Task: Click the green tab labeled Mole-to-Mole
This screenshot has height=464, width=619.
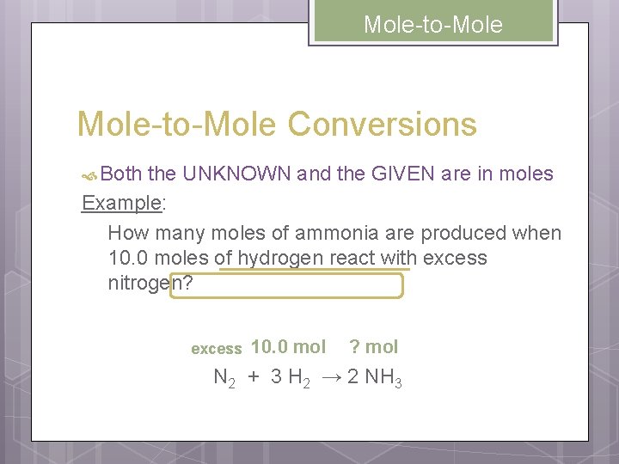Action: tap(432, 24)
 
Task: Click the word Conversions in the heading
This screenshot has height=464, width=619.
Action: tap(382, 125)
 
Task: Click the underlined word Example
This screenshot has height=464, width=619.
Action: tap(121, 204)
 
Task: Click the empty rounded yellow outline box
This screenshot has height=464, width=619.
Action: tap(286, 285)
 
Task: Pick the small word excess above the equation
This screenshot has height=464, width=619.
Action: tap(216, 349)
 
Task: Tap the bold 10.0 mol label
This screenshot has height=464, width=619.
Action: tap(288, 347)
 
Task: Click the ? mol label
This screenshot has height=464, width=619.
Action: tap(373, 347)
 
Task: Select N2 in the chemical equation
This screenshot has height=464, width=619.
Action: tap(224, 377)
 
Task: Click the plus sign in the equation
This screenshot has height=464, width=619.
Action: tap(254, 376)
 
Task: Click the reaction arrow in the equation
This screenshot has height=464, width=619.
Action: tap(331, 376)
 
